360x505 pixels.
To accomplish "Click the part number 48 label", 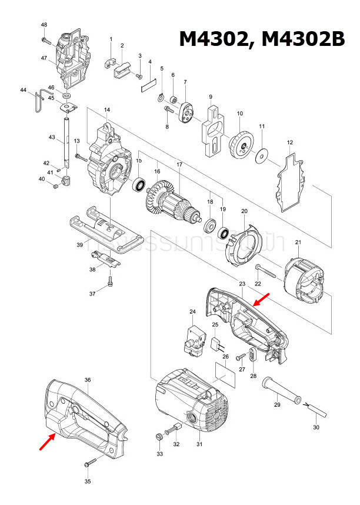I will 44,25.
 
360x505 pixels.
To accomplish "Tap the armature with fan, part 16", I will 171,204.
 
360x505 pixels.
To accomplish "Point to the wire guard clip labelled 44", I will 39,101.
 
